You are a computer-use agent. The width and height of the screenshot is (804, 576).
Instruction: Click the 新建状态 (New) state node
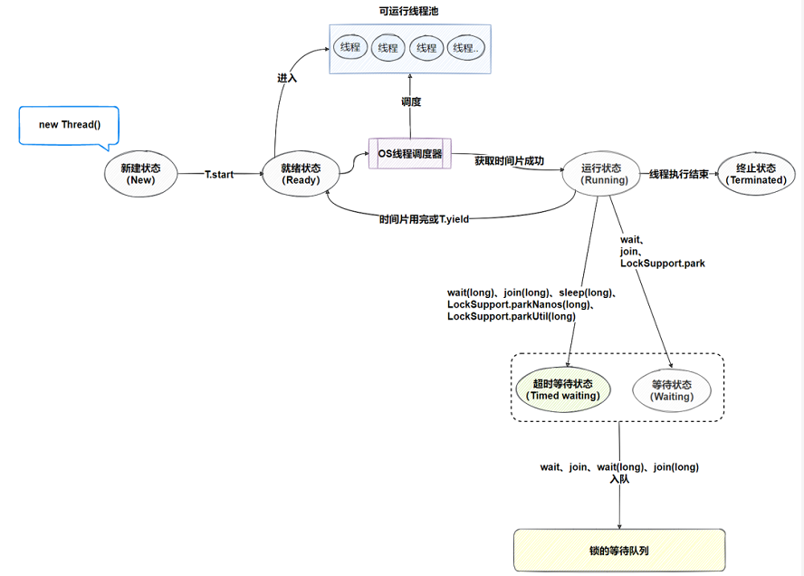tap(141, 173)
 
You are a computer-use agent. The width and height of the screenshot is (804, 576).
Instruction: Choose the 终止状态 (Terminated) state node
tap(756, 174)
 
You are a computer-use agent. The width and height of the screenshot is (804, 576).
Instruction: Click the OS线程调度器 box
tap(409, 154)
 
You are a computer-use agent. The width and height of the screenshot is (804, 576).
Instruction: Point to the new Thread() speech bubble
tap(69, 125)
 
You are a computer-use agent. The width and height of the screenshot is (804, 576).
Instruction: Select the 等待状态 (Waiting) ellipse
tap(671, 389)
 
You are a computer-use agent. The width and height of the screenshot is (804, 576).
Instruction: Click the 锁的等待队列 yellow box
tap(619, 550)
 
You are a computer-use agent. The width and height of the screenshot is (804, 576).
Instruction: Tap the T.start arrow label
tap(219, 174)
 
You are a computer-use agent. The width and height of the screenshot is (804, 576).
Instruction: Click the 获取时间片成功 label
tap(510, 161)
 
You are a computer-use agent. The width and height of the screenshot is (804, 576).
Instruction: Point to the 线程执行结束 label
tap(678, 174)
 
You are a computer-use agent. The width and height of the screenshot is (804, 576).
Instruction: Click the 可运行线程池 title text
tap(408, 11)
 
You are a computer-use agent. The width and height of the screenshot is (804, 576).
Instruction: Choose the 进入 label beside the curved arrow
tap(287, 79)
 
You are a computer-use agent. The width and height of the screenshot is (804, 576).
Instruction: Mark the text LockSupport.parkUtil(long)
tap(511, 316)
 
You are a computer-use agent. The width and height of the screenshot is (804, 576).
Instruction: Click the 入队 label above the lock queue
tap(619, 479)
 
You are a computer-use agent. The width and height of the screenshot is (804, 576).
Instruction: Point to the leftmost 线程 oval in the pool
tap(349, 47)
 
